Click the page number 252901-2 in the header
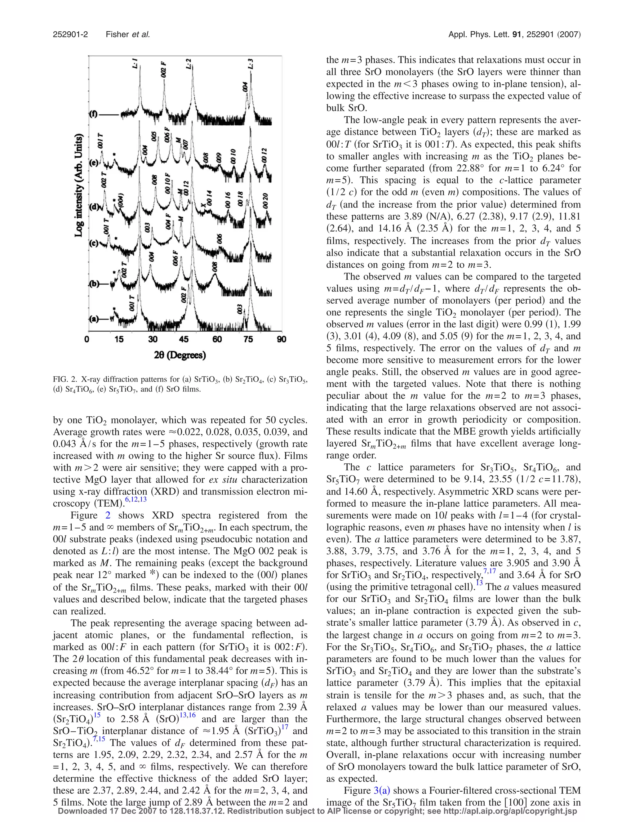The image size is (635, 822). pyautogui.click(x=70, y=35)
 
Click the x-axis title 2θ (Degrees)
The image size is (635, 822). pyautogui.click(x=180, y=355)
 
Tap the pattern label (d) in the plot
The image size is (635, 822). pyautogui.click(x=94, y=207)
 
